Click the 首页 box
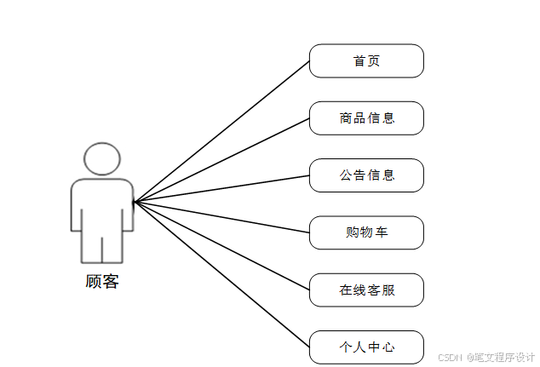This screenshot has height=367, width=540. [x=366, y=61]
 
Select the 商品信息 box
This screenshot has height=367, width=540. [x=366, y=118]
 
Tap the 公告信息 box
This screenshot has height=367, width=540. [x=366, y=175]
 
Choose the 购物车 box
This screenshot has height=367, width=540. [x=366, y=232]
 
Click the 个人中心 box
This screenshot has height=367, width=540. [x=366, y=347]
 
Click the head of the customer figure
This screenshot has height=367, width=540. [x=101, y=159]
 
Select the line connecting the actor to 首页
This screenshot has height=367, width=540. [x=221, y=131]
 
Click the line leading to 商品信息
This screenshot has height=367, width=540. [x=221, y=159]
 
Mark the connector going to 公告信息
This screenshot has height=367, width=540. [x=221, y=188]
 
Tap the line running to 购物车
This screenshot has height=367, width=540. [x=221, y=216]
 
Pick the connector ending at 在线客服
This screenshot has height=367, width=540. [x=221, y=245]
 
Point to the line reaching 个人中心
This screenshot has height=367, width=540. [x=221, y=274]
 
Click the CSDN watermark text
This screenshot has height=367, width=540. [x=449, y=358]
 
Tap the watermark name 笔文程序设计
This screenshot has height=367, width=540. [x=503, y=358]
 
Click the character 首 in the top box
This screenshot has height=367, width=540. [x=359, y=61]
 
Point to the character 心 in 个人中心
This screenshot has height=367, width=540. [x=389, y=347]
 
